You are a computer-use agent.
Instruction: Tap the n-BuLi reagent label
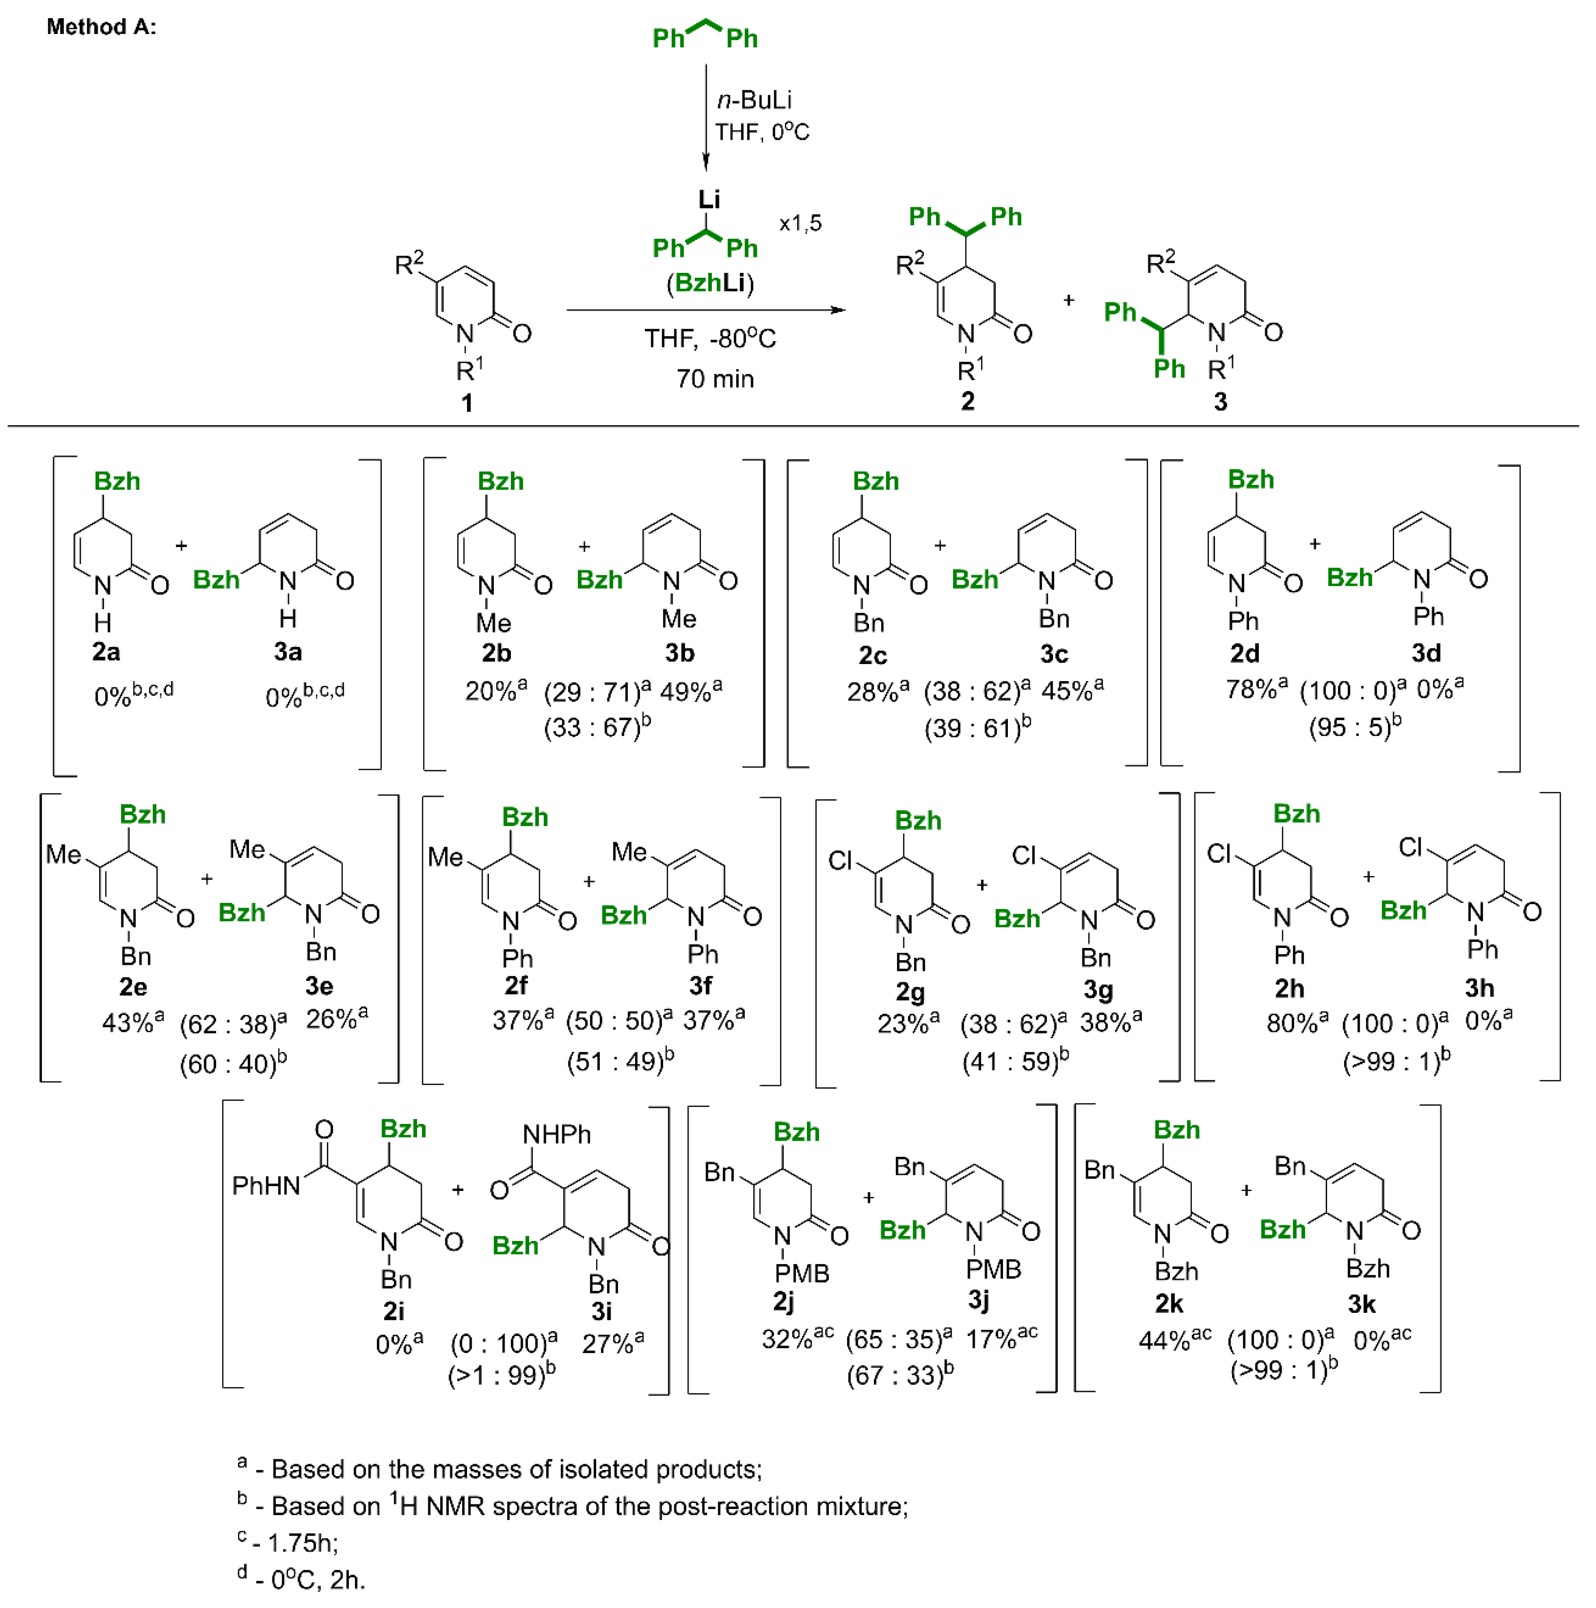point(754,100)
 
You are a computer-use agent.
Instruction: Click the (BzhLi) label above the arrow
point(710,283)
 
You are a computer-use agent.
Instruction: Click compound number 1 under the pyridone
point(467,403)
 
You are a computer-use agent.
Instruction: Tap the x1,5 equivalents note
point(800,223)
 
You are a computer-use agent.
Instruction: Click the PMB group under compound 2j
point(801,1274)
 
